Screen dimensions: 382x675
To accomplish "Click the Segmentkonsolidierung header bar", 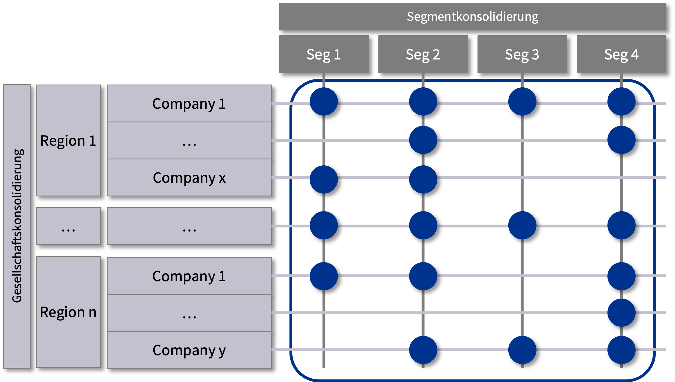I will click(x=472, y=17).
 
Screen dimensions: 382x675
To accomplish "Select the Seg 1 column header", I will click(x=324, y=54).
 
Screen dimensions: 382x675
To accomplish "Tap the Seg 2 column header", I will click(x=423, y=54).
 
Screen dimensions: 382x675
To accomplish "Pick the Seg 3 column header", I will click(x=522, y=54).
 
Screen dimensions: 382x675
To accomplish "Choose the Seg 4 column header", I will click(x=621, y=54).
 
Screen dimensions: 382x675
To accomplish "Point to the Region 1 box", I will click(x=68, y=141).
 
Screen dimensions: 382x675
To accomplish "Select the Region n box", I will click(x=68, y=312).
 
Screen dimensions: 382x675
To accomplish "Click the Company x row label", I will click(x=189, y=178).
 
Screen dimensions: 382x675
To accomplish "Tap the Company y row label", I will click(x=189, y=350).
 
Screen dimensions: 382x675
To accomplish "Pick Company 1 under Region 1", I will click(x=189, y=104).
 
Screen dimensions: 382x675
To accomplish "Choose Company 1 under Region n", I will click(x=189, y=276).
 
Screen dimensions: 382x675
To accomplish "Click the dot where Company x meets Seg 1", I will click(x=324, y=179).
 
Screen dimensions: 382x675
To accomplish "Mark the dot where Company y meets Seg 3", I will click(x=522, y=350).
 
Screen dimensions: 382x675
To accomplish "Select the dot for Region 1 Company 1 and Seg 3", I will click(x=522, y=102).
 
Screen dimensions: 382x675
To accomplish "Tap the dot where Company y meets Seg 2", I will click(x=423, y=350).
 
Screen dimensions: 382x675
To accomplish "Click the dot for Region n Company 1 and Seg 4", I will click(x=621, y=276).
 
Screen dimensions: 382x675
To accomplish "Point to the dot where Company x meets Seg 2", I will click(x=423, y=179).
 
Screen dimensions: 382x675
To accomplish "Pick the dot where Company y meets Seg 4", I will click(x=621, y=350).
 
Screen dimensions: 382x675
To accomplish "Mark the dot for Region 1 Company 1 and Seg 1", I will click(x=324, y=102).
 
